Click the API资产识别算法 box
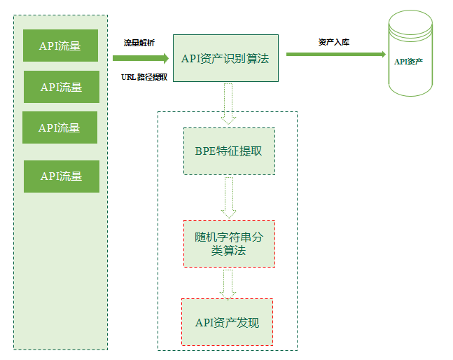click(x=225, y=58)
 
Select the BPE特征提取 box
click(x=228, y=151)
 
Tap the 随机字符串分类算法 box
click(x=228, y=243)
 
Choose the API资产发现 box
click(x=227, y=322)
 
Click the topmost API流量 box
click(x=60, y=46)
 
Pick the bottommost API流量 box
click(x=61, y=176)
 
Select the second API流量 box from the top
click(x=61, y=87)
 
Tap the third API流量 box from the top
click(x=60, y=127)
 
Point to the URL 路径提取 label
click(x=144, y=76)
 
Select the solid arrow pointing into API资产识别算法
click(x=141, y=59)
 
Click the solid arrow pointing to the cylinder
click(x=336, y=54)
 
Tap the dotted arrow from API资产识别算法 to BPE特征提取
click(x=228, y=103)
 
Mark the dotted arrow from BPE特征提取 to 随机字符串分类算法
click(x=228, y=197)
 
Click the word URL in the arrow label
click(x=128, y=76)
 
